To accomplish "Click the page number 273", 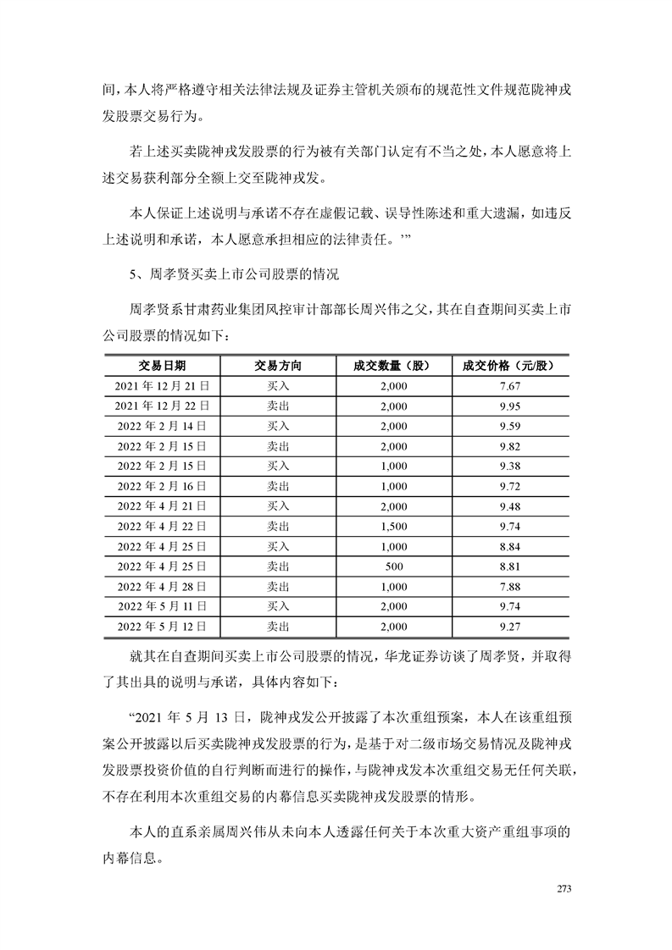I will click(566, 888).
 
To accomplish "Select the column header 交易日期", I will click(163, 366).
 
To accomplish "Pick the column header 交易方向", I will click(277, 366).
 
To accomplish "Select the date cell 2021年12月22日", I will click(163, 406).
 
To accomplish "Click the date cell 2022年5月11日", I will click(163, 606).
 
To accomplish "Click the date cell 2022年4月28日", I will click(163, 586).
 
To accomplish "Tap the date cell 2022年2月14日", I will click(163, 426).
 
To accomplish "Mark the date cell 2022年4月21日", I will click(163, 506).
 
